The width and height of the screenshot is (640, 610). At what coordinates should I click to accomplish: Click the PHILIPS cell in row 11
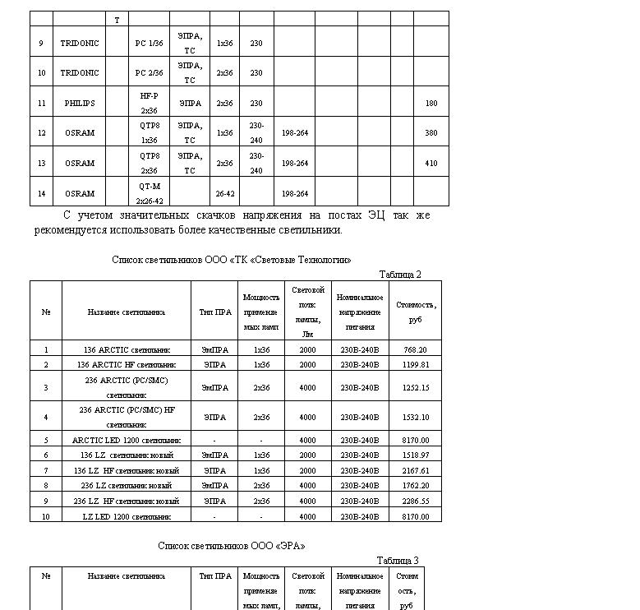pyautogui.click(x=80, y=104)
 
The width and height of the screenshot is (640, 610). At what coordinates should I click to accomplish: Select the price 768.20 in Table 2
pyautogui.click(x=415, y=349)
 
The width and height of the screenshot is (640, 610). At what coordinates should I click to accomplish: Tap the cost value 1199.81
pyautogui.click(x=415, y=364)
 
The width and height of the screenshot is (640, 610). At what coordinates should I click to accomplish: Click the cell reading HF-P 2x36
pyautogui.click(x=149, y=103)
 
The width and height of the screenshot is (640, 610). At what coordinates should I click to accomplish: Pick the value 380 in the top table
pyautogui.click(x=431, y=133)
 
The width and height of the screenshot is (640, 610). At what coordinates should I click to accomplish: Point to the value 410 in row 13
pyautogui.click(x=431, y=164)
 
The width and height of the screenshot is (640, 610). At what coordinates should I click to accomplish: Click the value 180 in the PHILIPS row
pyautogui.click(x=431, y=104)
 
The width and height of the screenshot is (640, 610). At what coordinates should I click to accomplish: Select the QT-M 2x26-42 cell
pyautogui.click(x=149, y=193)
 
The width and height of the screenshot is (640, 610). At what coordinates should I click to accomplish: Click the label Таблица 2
pyautogui.click(x=400, y=275)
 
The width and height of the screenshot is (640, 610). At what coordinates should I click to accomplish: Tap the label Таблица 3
pyautogui.click(x=398, y=561)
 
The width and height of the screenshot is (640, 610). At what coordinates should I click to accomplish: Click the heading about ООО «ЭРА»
pyautogui.click(x=232, y=546)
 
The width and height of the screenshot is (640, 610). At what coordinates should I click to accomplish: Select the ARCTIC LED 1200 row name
pyautogui.click(x=127, y=440)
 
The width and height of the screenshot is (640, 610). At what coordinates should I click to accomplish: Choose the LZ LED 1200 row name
pyautogui.click(x=127, y=516)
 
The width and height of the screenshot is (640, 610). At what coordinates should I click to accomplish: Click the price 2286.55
pyautogui.click(x=415, y=501)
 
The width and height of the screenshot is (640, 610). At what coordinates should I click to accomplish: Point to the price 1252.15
pyautogui.click(x=415, y=387)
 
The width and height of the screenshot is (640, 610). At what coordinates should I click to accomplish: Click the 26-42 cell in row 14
pyautogui.click(x=224, y=194)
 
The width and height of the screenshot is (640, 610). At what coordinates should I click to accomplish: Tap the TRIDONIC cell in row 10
pyautogui.click(x=80, y=73)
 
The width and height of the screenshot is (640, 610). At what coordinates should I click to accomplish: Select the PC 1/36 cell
pyautogui.click(x=149, y=43)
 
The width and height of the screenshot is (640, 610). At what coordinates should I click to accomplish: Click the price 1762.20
pyautogui.click(x=415, y=486)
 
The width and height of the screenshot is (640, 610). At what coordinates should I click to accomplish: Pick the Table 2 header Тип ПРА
pyautogui.click(x=214, y=312)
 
